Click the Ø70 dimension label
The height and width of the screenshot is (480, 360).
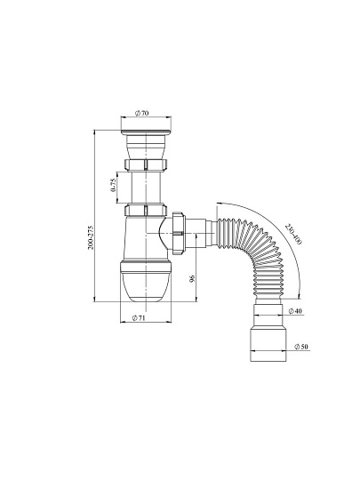point(141,113)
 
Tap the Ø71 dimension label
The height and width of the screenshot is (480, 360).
point(139,318)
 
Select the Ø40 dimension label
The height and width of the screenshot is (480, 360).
point(295,311)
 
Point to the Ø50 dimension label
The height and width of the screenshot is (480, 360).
point(301,347)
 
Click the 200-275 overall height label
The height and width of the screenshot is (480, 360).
point(91,238)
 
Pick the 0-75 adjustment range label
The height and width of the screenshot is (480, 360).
point(114,185)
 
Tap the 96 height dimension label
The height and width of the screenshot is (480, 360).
point(192,278)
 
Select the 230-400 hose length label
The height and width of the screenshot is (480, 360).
point(293,234)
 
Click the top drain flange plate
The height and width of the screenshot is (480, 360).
point(146,132)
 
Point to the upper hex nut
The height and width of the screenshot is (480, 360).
point(146,164)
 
